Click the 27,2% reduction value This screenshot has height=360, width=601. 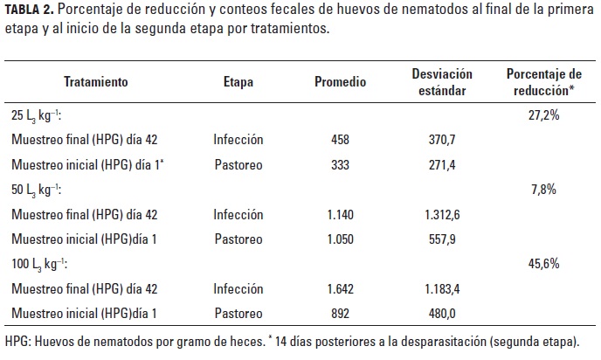coord(543,114)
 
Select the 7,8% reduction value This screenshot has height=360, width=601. coord(543,189)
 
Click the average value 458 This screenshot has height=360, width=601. coord(340,139)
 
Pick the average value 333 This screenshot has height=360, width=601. coord(340,163)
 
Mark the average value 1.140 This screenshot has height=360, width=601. coord(340,213)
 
